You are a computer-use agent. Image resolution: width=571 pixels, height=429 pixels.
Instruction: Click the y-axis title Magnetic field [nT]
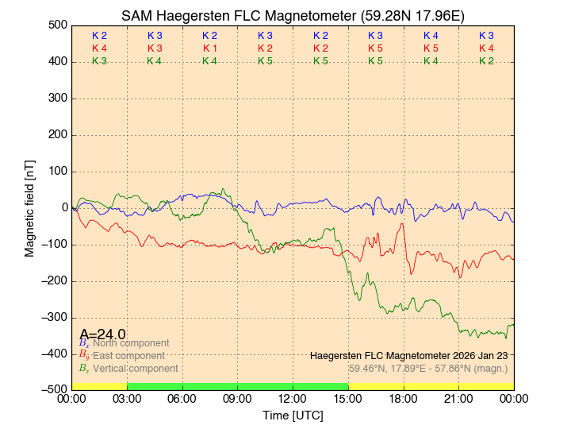29,207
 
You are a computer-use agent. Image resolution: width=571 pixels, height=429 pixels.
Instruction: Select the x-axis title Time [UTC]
293,415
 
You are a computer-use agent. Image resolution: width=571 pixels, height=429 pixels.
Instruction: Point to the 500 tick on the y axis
57,25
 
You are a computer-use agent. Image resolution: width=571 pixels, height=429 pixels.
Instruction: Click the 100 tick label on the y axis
57,172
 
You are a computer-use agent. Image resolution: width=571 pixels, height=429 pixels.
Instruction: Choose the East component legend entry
127,356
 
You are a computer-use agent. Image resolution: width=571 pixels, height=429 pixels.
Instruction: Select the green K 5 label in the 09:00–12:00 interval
265,61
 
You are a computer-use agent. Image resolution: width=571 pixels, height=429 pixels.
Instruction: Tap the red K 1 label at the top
209,48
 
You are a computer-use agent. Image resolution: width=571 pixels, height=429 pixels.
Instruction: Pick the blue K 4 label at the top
431,36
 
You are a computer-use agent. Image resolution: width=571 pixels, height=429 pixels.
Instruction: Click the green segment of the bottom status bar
237,386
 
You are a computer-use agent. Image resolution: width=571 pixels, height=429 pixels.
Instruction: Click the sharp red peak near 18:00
403,225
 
